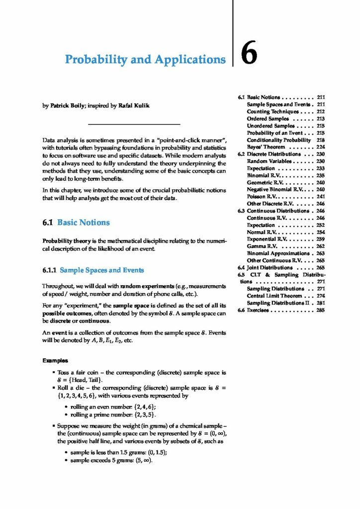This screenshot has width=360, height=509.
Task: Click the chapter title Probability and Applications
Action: pyautogui.click(x=145, y=60)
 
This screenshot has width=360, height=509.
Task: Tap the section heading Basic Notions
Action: pyautogui.click(x=83, y=223)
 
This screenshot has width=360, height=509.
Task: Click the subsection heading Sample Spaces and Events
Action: pyautogui.click(x=101, y=270)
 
